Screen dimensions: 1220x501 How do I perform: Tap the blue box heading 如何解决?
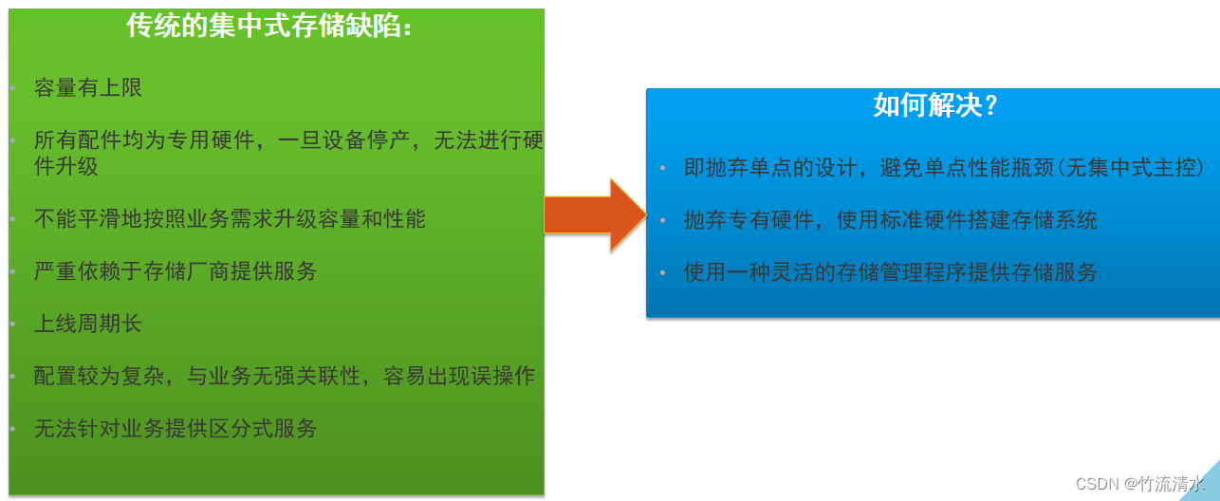(935, 105)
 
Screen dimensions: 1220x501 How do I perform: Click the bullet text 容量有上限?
(87, 89)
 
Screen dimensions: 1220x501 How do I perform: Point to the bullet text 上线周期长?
(87, 324)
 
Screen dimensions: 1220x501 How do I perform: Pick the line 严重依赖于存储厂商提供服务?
(175, 271)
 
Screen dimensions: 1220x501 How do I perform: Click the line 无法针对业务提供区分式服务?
(175, 429)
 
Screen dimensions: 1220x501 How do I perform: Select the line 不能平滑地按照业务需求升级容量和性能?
(230, 219)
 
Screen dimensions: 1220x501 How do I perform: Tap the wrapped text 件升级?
(65, 166)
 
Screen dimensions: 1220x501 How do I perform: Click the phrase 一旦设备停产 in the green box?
(342, 141)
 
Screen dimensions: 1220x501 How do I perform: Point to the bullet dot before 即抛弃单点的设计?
(663, 169)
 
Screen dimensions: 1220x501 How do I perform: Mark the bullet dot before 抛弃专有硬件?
(663, 221)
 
